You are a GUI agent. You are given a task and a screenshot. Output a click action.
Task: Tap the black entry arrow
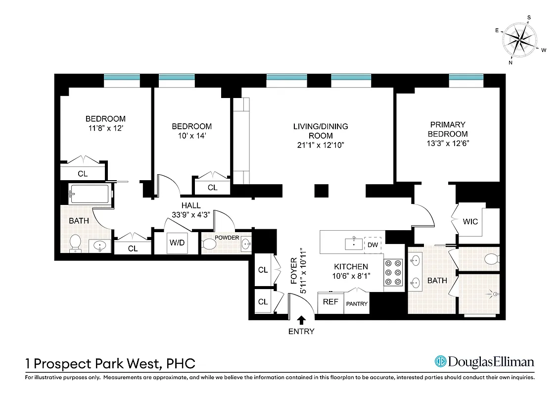tap(301, 321)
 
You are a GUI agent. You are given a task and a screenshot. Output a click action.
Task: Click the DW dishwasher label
tap(373, 245)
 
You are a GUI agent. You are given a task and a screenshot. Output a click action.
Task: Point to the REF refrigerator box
tap(330, 301)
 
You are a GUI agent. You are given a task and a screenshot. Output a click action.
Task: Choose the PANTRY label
tap(356, 303)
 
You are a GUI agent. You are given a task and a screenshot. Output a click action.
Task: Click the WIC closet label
tap(470, 221)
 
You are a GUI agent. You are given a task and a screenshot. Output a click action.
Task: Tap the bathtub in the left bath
tap(89, 194)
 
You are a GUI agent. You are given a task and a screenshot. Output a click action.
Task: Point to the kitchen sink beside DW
tap(354, 243)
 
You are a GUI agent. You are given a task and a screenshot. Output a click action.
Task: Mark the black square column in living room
tap(322, 191)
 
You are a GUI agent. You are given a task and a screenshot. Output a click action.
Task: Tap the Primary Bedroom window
tap(466, 77)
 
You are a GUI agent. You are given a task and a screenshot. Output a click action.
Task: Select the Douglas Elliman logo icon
tap(440, 362)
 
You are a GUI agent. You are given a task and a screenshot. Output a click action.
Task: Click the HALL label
tap(190, 205)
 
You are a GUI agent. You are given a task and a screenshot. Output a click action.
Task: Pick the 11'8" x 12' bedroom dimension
tap(105, 128)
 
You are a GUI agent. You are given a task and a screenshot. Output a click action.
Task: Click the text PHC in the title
tap(180, 364)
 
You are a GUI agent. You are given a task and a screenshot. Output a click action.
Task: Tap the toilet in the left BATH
tap(75, 243)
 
